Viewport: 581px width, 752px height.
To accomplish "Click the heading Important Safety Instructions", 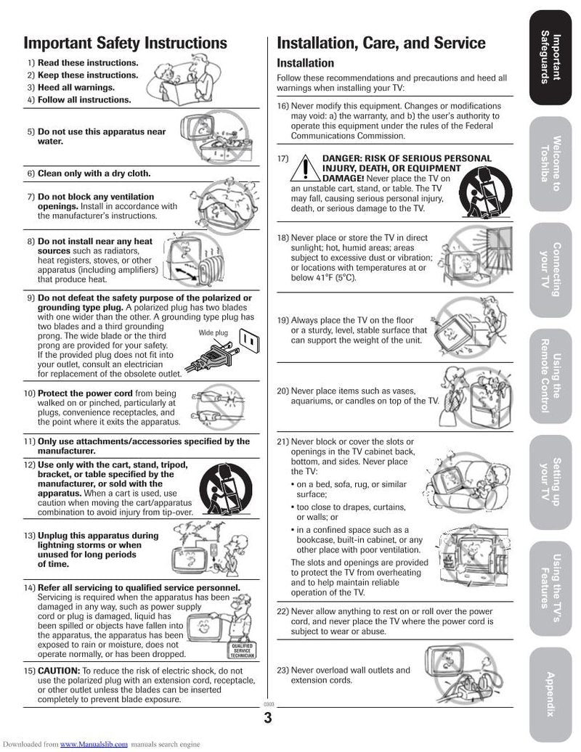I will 125,43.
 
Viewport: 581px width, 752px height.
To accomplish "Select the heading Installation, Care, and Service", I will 381,43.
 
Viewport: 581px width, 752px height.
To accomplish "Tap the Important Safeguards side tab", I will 551,57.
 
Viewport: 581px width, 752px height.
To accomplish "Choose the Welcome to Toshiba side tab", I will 551,163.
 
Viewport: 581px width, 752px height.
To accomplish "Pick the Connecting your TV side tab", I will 551,269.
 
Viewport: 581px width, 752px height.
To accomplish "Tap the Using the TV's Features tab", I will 551,587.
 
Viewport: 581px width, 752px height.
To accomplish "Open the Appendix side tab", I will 551,694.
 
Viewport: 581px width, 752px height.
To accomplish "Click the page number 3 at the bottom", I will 268,718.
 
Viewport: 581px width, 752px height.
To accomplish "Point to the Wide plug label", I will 213,332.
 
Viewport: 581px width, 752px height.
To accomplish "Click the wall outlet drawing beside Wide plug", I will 249,339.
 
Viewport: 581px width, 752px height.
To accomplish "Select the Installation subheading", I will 305,63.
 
